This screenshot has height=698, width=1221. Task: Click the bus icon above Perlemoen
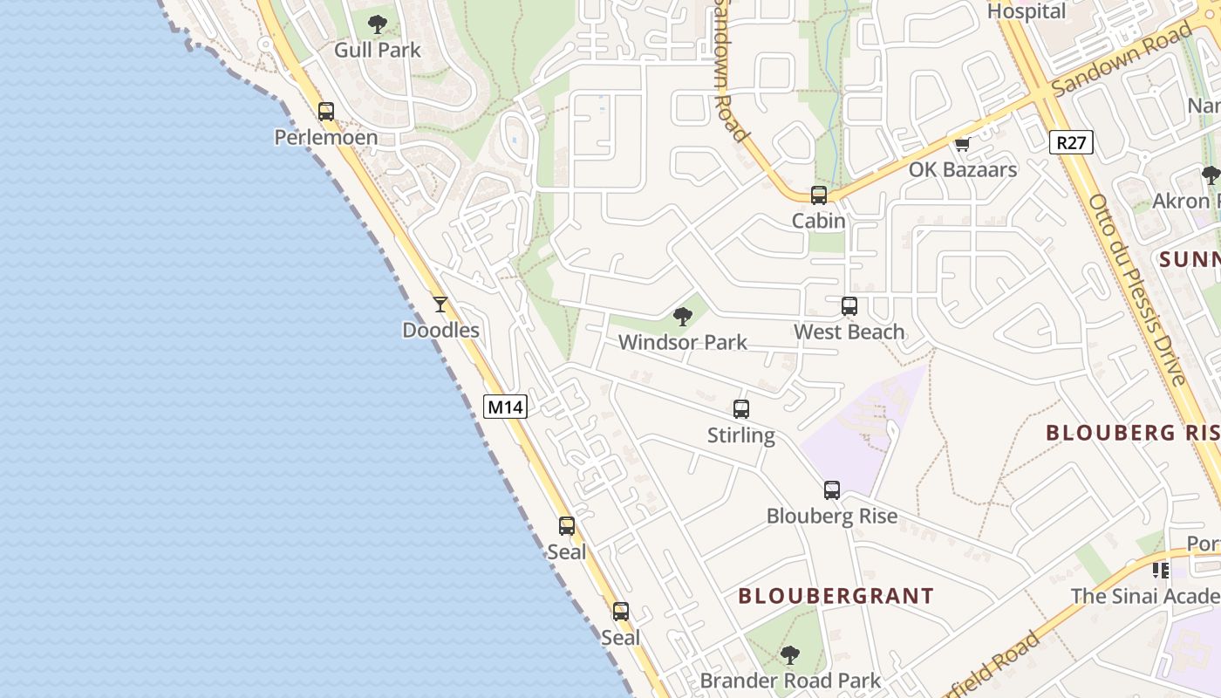pos(326,112)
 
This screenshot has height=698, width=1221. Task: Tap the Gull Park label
pos(378,50)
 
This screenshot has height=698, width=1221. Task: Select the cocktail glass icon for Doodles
pos(440,305)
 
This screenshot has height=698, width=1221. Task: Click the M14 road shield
pos(506,407)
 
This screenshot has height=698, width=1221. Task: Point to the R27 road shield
pos(1071,142)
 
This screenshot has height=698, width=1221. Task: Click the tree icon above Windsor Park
pos(683,317)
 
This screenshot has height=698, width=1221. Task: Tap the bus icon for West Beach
pos(849,306)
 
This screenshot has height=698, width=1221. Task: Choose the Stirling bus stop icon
pos(741,409)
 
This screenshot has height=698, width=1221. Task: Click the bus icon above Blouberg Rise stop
pos(832,490)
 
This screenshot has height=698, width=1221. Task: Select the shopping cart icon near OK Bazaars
pos(962,145)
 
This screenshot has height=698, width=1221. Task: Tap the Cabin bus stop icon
pos(819,195)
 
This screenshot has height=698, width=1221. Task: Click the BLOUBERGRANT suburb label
pos(836,596)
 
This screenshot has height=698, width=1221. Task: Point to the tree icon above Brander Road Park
pos(790,654)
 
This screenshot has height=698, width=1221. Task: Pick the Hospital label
pos(1027,11)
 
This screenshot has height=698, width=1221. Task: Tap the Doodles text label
pos(440,330)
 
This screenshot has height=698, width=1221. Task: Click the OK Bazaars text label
pos(963,169)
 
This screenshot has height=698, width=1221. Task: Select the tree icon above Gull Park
pos(378,24)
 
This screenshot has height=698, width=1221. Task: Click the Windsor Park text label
pos(683,342)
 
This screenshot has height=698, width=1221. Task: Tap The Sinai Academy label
pos(1145,596)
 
